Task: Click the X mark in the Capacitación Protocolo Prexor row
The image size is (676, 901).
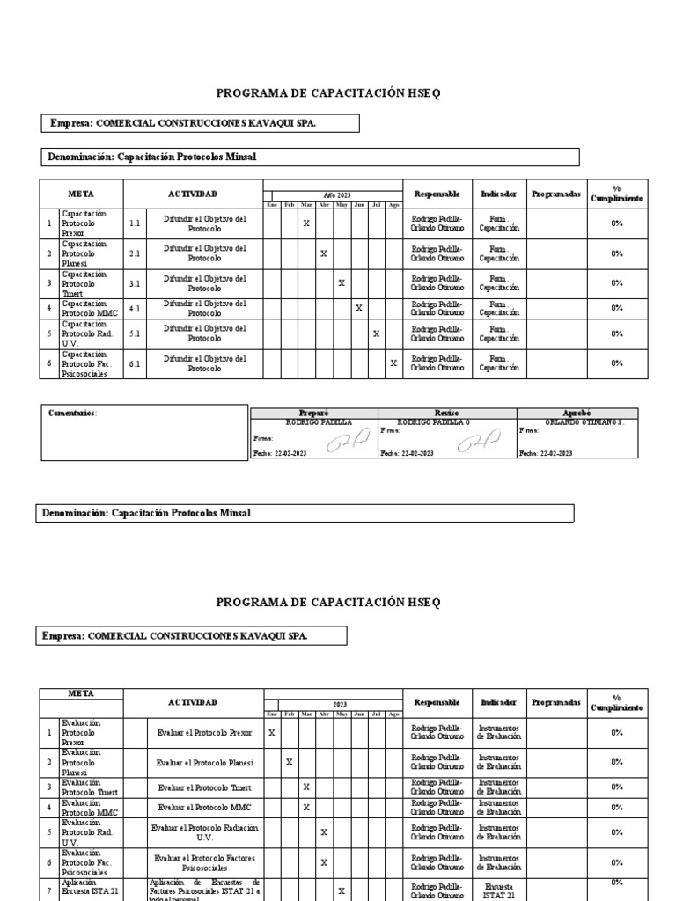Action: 306,223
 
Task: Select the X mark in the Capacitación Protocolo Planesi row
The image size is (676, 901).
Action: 324,253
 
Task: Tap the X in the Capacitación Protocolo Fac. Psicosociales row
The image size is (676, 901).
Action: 393,363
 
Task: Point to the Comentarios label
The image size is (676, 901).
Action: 73,413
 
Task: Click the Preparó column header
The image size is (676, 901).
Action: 314,413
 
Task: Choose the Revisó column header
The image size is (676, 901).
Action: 446,413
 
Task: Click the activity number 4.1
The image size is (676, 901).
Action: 135,309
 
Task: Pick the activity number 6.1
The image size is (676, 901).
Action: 135,363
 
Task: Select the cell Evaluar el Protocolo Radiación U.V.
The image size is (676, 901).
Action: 204,832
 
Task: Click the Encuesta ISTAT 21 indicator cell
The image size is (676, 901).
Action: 498,890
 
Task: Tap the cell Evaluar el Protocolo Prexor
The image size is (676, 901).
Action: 204,732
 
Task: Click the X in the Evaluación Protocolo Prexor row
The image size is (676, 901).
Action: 271,732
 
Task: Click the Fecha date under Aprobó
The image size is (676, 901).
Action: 546,453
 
